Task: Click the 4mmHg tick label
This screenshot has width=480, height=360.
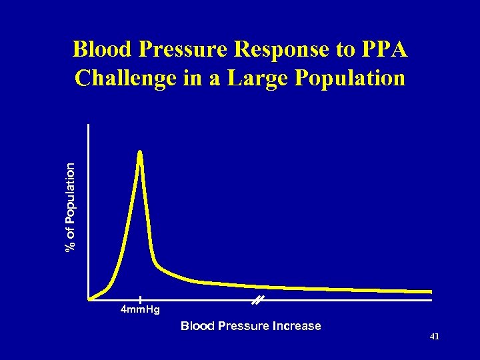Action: point(140,310)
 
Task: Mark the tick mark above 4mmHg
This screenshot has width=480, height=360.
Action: point(140,300)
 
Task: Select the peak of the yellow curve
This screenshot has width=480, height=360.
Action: point(140,153)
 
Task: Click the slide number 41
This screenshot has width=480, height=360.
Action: point(434,337)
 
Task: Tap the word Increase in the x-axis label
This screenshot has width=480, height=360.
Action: point(297,326)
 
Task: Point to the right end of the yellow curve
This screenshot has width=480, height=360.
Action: point(430,291)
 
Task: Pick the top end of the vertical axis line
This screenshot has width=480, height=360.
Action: point(88,125)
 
